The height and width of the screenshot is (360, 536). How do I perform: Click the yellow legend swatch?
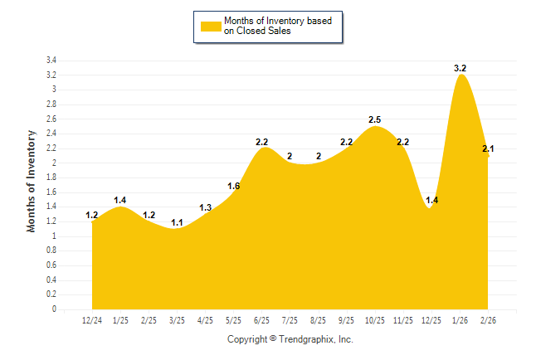210,26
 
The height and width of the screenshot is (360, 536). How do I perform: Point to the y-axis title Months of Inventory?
32,180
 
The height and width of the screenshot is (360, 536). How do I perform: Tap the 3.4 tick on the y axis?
51,61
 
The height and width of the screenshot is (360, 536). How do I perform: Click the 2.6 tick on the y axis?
51,119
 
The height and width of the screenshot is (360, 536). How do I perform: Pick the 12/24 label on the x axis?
92,319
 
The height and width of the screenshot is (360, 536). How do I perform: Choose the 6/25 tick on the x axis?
262,319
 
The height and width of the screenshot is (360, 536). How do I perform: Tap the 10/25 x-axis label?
375,319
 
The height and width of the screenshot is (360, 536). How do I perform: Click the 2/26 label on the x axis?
489,319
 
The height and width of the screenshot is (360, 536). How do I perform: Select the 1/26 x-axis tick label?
460,319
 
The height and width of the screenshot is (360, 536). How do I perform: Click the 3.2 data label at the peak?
461,68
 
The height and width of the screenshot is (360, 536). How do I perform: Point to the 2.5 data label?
375,119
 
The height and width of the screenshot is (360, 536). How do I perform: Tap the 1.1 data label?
177,222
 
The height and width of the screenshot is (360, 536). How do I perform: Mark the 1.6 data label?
233,186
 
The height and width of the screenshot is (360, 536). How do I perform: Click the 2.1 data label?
489,149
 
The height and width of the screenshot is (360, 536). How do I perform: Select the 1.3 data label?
206,207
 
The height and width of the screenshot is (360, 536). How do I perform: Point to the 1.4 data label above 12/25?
431,201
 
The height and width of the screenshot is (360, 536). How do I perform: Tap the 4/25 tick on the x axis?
206,319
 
